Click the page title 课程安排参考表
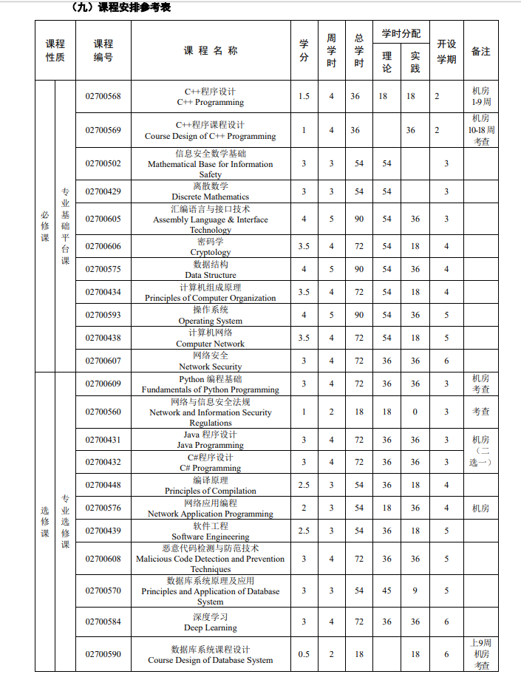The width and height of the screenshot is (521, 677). pos(121,7)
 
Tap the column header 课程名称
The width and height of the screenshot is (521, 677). pos(211,50)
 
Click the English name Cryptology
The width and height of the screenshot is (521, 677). pos(211,252)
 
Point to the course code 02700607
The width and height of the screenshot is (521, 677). pos(103,361)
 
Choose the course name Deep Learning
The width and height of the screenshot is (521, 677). pos(211,627)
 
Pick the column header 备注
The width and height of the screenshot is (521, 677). pos(481,51)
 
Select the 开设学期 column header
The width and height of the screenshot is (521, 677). pos(446,51)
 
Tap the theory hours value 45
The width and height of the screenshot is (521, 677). pos(387,591)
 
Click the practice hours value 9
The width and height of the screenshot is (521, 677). pos(415,591)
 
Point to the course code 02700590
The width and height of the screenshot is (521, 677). pos(103,654)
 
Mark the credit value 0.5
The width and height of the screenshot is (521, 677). pos(304,654)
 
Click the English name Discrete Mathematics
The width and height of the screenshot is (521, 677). pos(211,197)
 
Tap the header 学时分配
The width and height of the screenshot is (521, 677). pos(401,33)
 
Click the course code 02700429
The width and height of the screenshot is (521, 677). pos(103,191)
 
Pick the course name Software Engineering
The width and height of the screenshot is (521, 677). pos(211,537)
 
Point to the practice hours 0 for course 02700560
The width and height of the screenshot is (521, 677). pos(415,412)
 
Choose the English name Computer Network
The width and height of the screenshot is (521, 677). pos(211,344)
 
